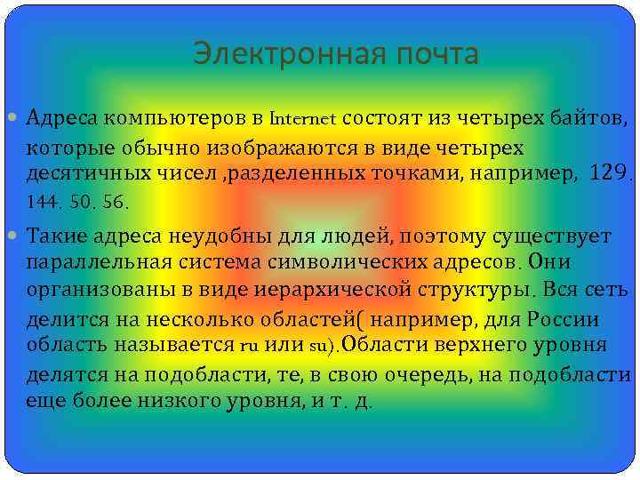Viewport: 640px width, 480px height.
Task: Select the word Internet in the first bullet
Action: pyautogui.click(x=302, y=117)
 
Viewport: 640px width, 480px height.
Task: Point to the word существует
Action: pyautogui.click(x=552, y=236)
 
